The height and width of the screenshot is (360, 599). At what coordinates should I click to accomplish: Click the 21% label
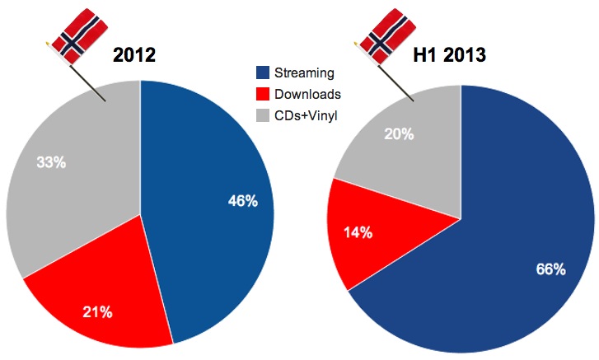pos(97,311)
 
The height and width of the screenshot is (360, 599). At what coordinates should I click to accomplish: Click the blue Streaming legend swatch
pos(264,73)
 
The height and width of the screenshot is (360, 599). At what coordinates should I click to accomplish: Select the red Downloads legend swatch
pos(264,95)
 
